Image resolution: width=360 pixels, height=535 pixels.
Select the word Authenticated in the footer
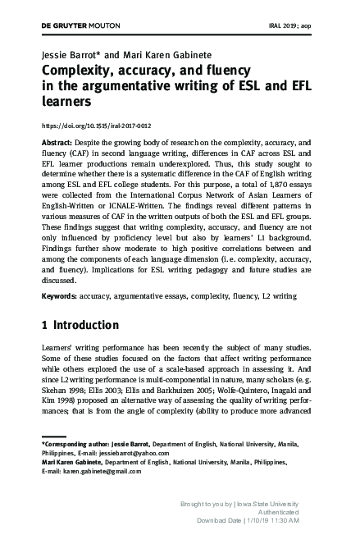(276, 510)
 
